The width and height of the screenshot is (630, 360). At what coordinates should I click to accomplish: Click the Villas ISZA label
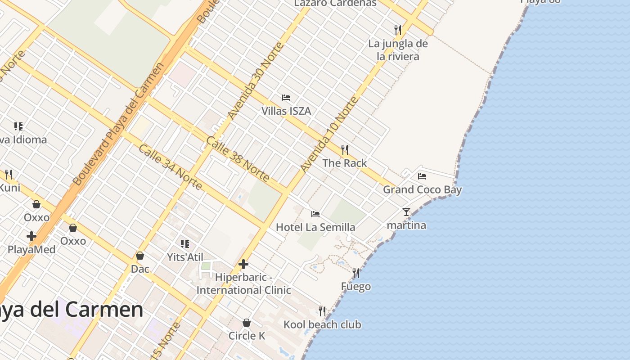click(x=286, y=111)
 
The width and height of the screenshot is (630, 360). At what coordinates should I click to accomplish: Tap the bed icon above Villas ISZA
click(x=286, y=98)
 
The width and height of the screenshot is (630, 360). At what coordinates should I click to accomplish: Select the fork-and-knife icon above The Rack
click(x=345, y=150)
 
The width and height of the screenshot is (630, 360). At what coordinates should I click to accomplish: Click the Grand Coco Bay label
click(x=422, y=189)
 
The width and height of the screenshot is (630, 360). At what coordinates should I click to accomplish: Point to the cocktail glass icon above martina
click(x=406, y=212)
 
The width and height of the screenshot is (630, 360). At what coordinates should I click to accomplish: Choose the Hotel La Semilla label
click(x=315, y=227)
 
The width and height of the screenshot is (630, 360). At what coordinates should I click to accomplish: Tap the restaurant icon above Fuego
click(x=356, y=273)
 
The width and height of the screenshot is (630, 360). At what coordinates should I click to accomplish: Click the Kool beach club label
click(x=322, y=324)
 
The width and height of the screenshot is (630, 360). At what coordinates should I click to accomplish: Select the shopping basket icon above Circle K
click(x=247, y=323)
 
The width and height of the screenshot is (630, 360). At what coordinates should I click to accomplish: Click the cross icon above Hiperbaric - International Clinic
click(x=243, y=264)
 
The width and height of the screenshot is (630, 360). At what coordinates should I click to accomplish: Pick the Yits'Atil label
click(x=185, y=257)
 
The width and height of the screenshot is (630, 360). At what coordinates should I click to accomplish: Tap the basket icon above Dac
click(x=140, y=256)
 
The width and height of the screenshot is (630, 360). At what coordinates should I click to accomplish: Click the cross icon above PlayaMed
click(x=31, y=236)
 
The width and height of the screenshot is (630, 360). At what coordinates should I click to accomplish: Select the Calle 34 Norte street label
click(x=170, y=167)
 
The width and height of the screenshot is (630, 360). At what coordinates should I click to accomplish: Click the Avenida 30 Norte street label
click(x=256, y=81)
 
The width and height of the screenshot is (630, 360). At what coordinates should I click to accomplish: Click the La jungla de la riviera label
click(x=398, y=50)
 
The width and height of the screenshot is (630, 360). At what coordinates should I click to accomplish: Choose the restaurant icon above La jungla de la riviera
click(x=398, y=30)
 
